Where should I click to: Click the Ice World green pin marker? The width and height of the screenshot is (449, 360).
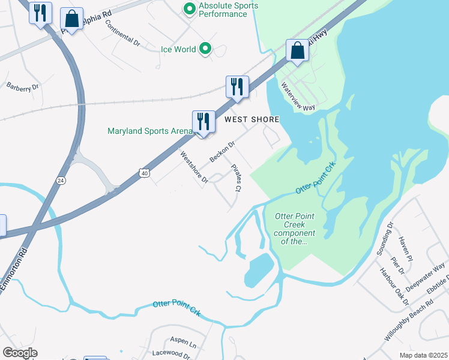(x=205, y=49)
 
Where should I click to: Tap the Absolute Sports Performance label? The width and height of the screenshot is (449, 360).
(x=229, y=10)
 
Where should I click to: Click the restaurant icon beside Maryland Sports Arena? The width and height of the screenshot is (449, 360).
(x=203, y=122)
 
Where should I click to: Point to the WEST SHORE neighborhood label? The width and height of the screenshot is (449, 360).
(x=252, y=119)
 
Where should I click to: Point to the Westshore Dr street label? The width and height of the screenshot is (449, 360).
(x=193, y=167)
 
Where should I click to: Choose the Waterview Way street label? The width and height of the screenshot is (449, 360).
(x=298, y=97)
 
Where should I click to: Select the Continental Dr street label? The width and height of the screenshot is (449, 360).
(x=122, y=33)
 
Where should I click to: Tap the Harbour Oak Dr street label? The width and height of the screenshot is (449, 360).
(x=393, y=281)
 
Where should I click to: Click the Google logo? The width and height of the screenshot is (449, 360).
(x=20, y=353)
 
